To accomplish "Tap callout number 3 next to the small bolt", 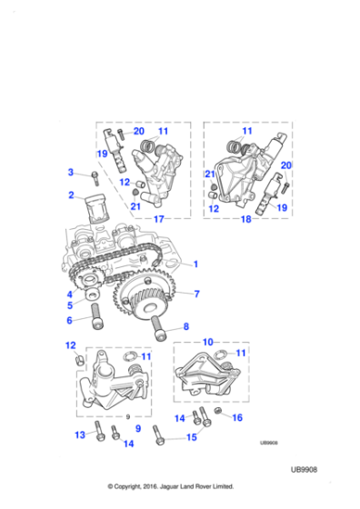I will (71, 172).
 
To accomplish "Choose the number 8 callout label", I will (185, 326).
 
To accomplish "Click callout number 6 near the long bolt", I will (69, 320).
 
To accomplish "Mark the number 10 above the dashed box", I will (209, 342).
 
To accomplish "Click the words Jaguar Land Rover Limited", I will (200, 485).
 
